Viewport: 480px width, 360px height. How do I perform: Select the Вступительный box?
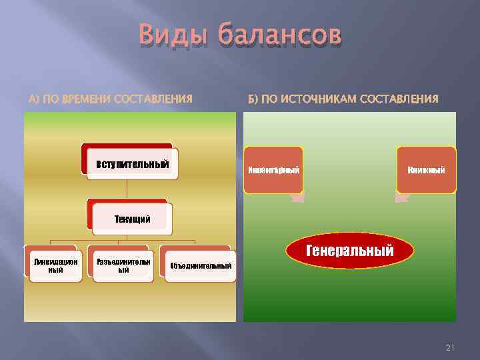pos(132,163)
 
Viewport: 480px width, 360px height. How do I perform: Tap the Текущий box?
pos(132,219)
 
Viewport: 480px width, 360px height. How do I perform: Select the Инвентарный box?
pos(273,170)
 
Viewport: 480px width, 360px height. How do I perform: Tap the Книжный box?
pos(427,170)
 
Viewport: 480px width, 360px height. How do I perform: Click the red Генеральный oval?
pos(350,251)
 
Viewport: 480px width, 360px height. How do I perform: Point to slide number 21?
pos(449,348)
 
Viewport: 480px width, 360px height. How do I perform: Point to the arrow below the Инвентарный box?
pos(297,197)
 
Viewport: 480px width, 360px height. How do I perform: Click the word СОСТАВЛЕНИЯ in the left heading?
pos(153,99)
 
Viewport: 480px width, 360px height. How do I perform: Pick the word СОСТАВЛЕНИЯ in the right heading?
pos(399,99)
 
